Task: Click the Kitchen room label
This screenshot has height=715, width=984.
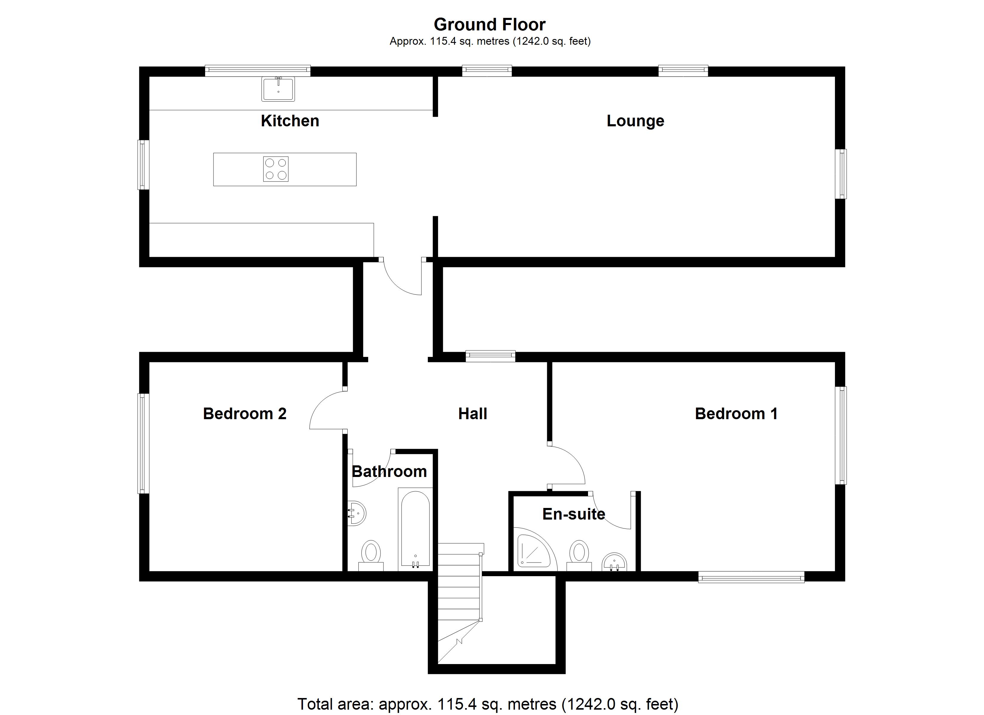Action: (x=290, y=121)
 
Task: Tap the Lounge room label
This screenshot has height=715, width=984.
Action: (x=635, y=121)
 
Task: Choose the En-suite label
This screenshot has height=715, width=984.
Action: (x=574, y=514)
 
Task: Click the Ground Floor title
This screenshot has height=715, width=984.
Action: (x=489, y=25)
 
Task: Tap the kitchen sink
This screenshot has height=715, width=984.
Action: (x=278, y=89)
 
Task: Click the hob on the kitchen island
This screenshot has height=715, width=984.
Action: (x=276, y=169)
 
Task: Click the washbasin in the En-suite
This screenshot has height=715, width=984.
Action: (x=614, y=562)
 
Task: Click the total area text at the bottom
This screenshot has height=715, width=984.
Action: (x=488, y=704)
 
